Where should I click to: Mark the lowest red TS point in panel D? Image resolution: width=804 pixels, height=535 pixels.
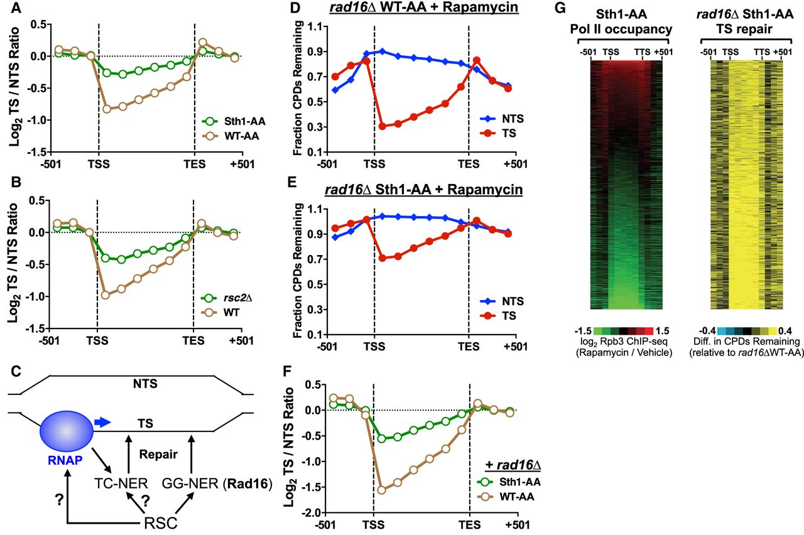click(x=382, y=126)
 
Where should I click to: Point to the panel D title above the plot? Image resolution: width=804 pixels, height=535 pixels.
click(x=421, y=11)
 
